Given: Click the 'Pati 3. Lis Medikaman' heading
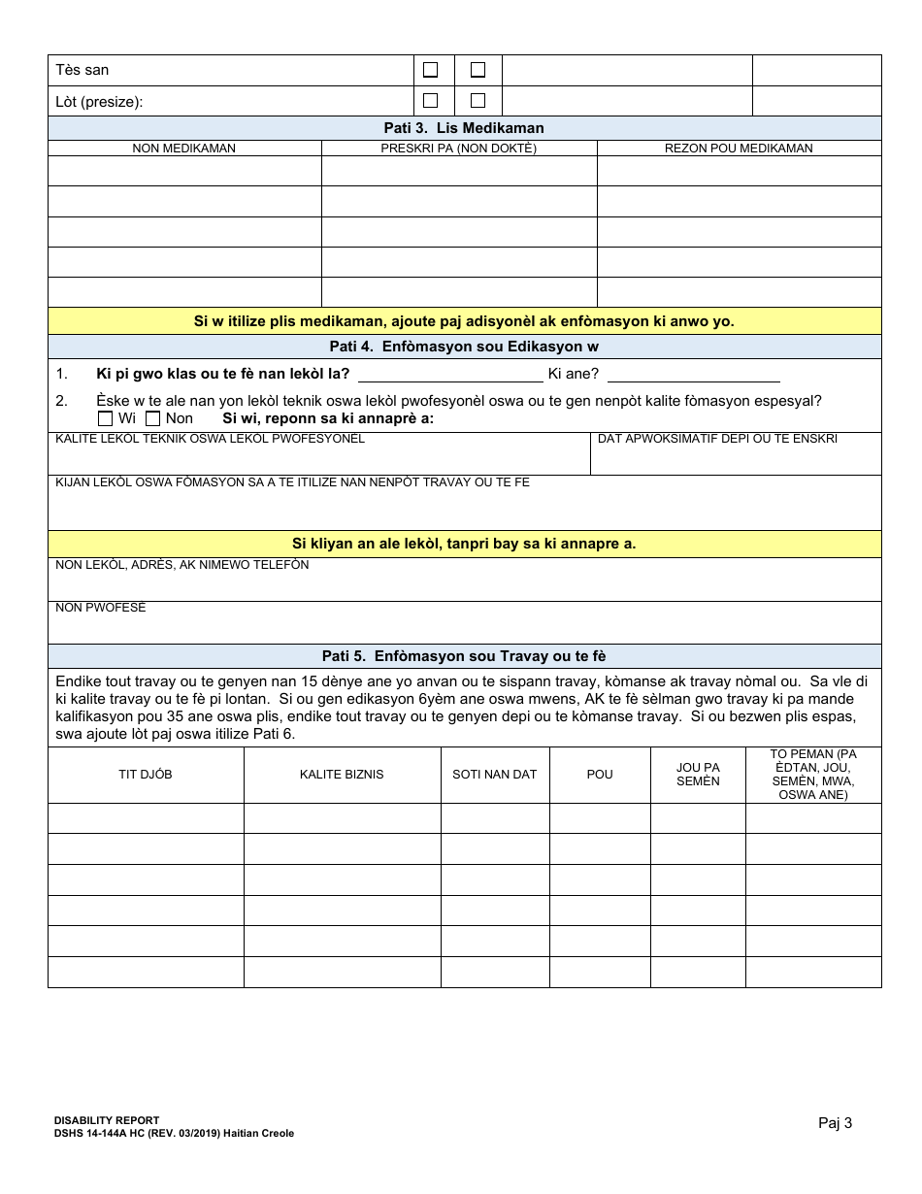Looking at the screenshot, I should [464, 128].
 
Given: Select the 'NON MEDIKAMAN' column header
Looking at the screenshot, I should [184, 149].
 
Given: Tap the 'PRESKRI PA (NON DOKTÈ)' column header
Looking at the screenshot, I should [458, 149].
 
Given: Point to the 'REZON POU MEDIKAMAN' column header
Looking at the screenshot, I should [739, 149].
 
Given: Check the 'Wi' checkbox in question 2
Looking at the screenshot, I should [106, 418].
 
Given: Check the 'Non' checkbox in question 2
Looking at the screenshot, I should [152, 418].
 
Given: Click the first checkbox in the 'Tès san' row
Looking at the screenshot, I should [431, 70].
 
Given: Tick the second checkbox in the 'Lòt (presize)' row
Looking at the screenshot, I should [477, 100].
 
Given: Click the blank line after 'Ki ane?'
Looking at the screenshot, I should [693, 375].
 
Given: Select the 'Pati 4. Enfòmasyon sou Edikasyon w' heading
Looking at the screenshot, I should [464, 348].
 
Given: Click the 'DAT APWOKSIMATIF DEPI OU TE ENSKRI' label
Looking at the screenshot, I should [717, 439].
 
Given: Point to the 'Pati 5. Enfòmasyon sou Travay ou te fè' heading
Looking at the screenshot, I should [464, 656].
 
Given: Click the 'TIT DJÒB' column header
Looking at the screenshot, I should [146, 775].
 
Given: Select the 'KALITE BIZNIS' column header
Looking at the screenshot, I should [342, 775].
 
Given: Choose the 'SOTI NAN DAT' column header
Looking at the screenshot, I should [495, 775].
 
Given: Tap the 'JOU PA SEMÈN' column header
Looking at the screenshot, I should [698, 775].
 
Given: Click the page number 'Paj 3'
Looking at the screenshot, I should [835, 1123].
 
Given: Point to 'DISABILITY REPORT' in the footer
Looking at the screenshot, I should [107, 1120].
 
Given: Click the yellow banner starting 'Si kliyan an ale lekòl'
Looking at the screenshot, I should [464, 544].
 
